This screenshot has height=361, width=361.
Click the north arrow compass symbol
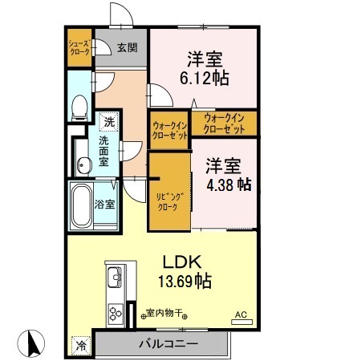[x=31, y=343]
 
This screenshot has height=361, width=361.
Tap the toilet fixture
[x=79, y=107]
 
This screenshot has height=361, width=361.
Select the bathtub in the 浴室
[x=81, y=205]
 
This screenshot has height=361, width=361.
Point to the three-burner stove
[x=116, y=314]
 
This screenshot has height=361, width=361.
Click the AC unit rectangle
[x=241, y=322]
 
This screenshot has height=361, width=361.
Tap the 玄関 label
[x=128, y=47]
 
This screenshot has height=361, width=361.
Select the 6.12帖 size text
[x=205, y=78]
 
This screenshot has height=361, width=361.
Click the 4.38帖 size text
[x=229, y=185]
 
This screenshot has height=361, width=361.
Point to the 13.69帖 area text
[x=185, y=281]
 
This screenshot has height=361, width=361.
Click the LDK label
[x=182, y=262]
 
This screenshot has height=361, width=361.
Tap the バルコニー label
[x=168, y=343]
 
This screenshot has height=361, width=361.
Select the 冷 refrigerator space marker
[x=81, y=346]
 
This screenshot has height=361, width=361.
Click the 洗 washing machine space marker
[x=109, y=122]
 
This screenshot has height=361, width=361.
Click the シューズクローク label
[x=79, y=47]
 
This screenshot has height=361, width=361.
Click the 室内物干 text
[x=164, y=312]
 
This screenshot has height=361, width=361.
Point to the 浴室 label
[x=104, y=205]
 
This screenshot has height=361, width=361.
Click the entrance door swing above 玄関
[x=121, y=14]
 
